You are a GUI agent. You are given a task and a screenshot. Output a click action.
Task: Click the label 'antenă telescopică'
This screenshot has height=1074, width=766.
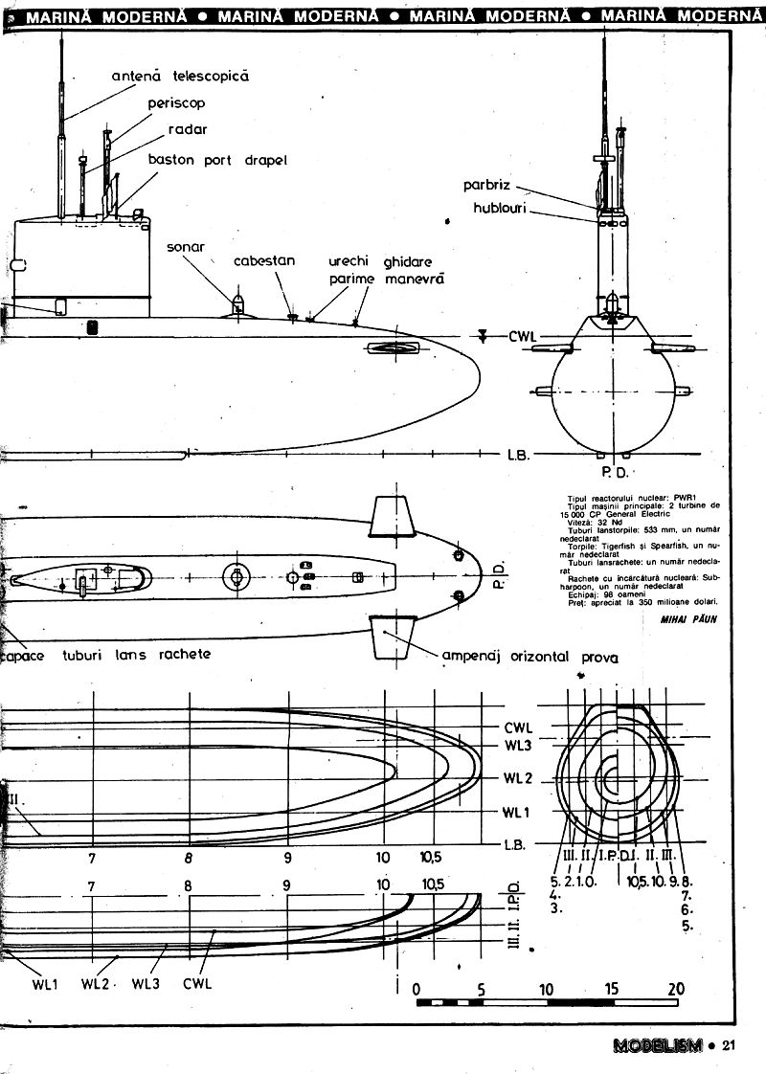(x=180, y=76)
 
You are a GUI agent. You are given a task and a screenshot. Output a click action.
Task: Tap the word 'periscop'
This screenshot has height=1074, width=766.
(x=177, y=101)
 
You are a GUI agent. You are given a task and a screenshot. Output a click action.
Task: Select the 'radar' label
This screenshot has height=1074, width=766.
(x=188, y=129)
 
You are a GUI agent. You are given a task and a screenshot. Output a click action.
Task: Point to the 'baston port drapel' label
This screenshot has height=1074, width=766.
(x=217, y=159)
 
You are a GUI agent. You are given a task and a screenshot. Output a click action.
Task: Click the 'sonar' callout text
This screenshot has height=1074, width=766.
(x=187, y=246)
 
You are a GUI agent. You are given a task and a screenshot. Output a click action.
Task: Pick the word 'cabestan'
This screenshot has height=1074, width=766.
(x=264, y=260)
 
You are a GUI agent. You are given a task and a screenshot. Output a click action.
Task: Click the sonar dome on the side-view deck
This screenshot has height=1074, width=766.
(x=237, y=307)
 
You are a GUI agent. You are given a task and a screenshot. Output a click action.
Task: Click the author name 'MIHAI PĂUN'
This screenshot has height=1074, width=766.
(x=687, y=619)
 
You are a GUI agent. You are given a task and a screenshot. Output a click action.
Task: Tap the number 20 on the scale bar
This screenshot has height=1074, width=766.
(x=676, y=990)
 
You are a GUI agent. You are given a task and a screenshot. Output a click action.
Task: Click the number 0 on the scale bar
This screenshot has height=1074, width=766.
(x=417, y=990)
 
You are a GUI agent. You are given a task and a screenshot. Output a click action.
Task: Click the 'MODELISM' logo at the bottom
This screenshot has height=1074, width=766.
(x=653, y=1045)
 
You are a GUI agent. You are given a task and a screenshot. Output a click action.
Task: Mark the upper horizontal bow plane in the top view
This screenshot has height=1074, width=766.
(x=394, y=517)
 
